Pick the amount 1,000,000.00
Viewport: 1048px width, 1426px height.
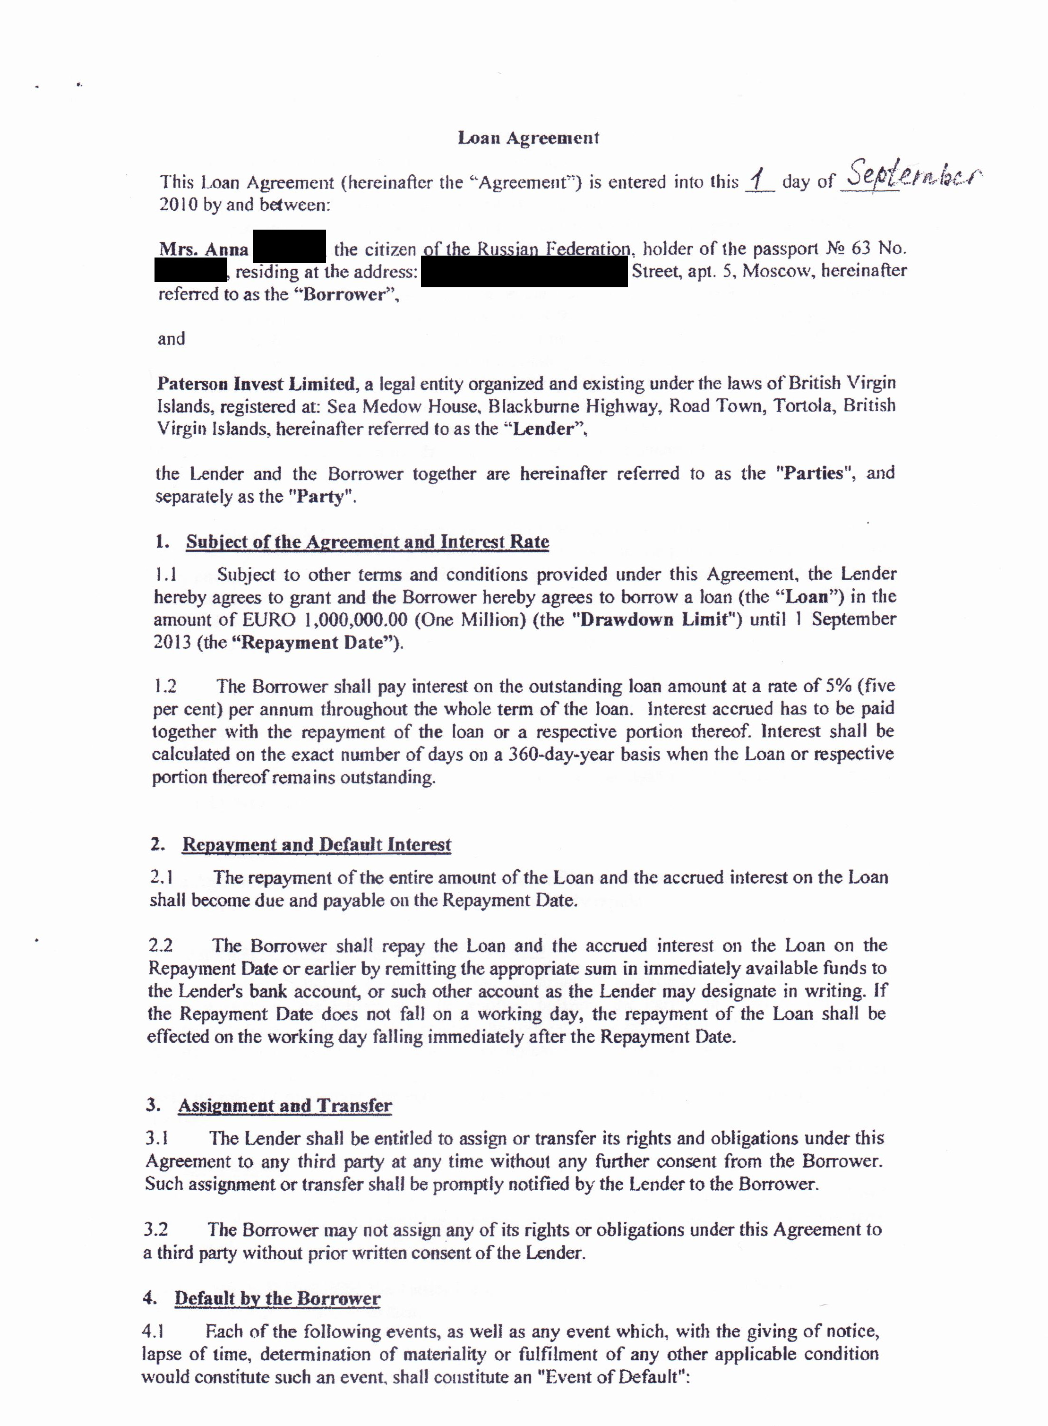(x=355, y=620)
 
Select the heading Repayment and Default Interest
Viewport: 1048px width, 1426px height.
(x=317, y=845)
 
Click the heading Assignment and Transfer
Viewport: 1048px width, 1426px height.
(x=285, y=1106)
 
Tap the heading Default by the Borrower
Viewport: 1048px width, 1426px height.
(x=277, y=1298)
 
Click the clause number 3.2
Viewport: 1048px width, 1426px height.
(x=155, y=1230)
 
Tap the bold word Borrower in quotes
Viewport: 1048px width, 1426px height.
(x=344, y=295)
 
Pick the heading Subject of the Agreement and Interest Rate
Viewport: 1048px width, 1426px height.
(x=367, y=542)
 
